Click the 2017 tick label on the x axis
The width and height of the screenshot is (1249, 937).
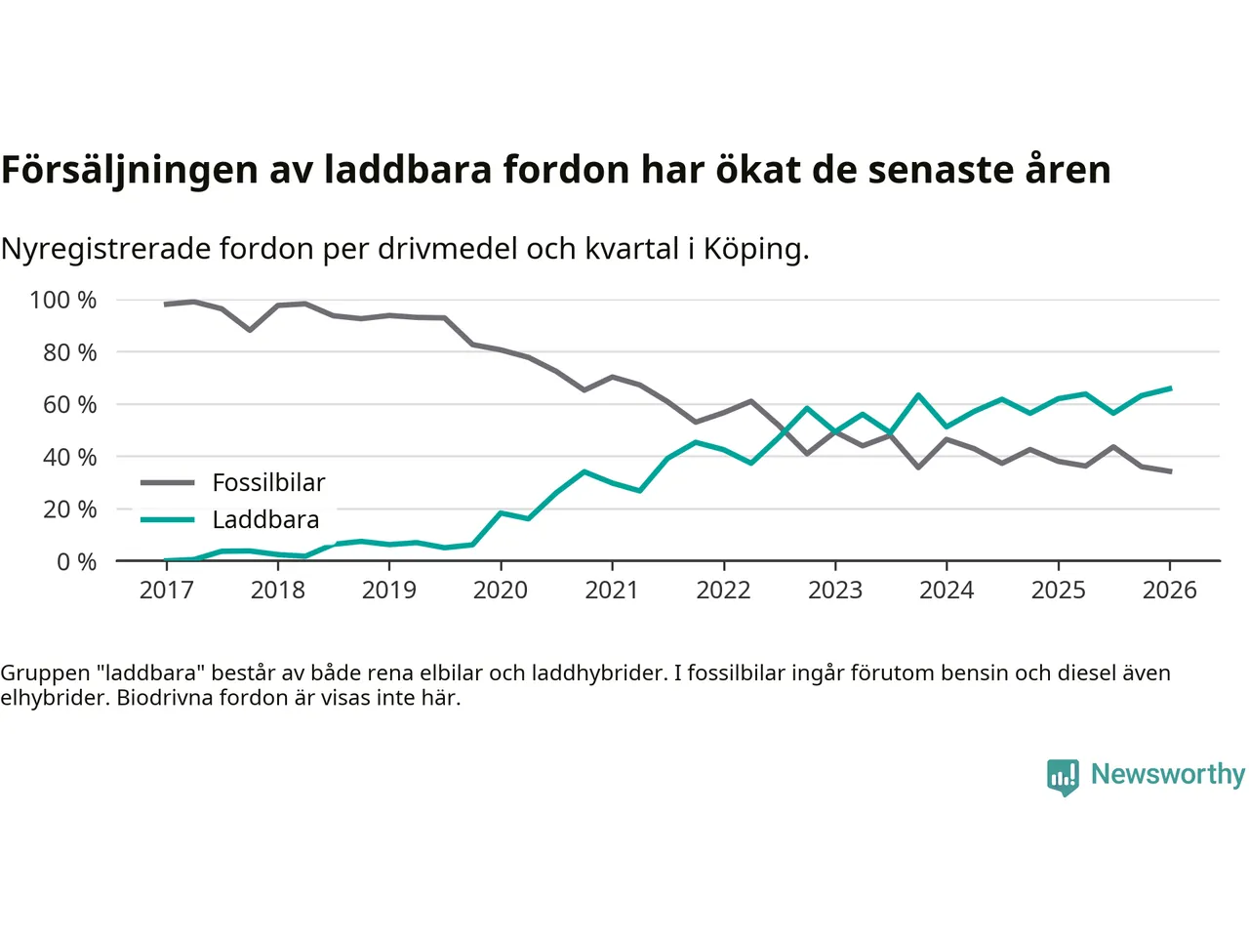167,590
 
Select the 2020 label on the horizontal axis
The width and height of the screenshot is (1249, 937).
501,590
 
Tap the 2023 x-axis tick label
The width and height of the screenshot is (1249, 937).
835,590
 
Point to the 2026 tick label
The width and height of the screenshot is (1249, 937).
1170,590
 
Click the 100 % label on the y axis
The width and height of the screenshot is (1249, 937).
63,300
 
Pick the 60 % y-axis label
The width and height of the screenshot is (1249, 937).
69,404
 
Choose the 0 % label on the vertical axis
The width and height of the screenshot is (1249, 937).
76,561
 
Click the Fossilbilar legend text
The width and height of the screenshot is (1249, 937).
268,482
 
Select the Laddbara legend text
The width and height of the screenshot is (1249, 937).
265,519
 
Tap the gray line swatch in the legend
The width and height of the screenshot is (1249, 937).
168,482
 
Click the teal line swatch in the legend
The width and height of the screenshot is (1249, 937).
168,519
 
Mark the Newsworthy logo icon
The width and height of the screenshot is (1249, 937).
1063,777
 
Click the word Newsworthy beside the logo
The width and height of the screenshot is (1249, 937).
1168,774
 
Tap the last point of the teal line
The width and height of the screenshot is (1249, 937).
1170,388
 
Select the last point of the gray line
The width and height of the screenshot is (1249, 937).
1170,471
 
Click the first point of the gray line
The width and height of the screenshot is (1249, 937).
166,305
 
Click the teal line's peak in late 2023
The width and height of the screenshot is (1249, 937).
918,395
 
